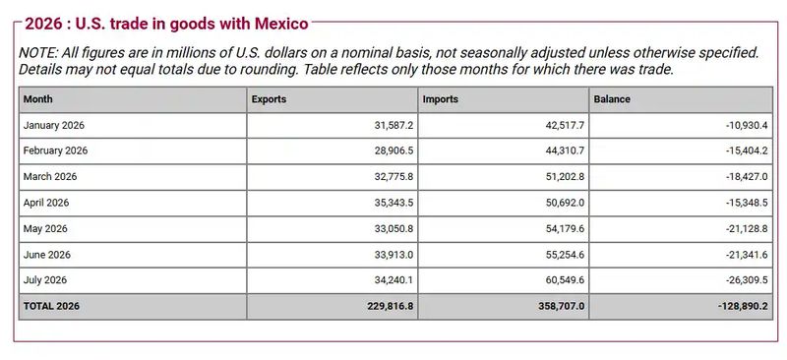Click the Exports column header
[269, 99]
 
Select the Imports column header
[440, 99]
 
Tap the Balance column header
[612, 99]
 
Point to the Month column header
[37, 99]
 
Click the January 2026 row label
[54, 126]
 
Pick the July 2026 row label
[44, 280]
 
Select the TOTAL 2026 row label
[51, 306]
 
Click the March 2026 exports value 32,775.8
[394, 177]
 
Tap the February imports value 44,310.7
[565, 151]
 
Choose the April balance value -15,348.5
[747, 203]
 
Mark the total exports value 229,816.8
[391, 306]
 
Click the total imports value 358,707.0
[561, 306]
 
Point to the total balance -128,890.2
[743, 306]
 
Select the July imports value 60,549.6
[565, 280]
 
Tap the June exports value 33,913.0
[394, 255]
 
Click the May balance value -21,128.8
[747, 228]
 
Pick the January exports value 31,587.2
[394, 126]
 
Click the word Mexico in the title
[281, 24]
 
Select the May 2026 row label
[45, 228]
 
